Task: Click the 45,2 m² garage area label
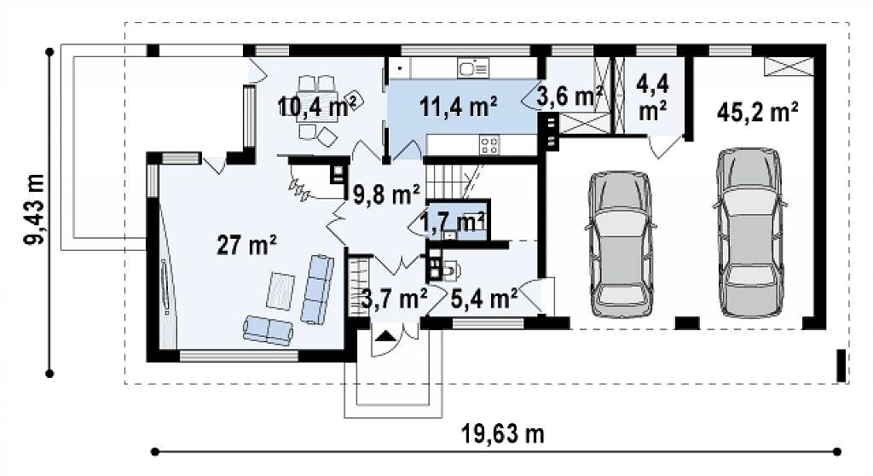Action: (x=758, y=112)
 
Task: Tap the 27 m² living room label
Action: (x=246, y=245)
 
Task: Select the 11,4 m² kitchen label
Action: (x=459, y=106)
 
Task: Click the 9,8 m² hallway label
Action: (x=386, y=194)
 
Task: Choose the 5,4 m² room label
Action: (x=484, y=299)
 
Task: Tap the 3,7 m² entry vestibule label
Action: (x=394, y=299)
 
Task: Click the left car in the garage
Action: (x=621, y=244)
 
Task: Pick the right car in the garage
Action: (x=749, y=232)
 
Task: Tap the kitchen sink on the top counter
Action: (x=473, y=68)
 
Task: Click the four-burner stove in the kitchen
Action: (x=489, y=145)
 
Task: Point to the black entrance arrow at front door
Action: (x=385, y=335)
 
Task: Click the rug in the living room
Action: (x=280, y=290)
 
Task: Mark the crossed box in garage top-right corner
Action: (x=784, y=66)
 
